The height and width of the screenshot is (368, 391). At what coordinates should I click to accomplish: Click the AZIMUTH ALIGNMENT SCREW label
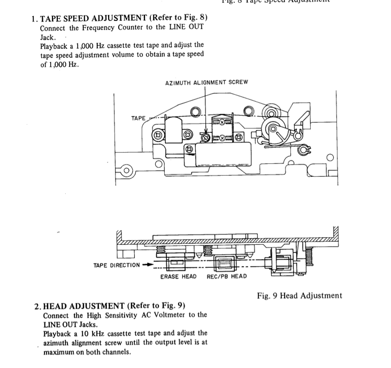coord(206,82)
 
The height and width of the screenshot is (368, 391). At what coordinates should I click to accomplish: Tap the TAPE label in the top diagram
coord(139,118)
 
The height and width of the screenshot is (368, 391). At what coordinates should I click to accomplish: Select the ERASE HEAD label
coord(178,276)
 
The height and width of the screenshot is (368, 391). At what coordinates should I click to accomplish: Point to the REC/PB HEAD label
coord(227,276)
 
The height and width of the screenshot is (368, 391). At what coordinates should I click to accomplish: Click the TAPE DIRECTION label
coord(117,265)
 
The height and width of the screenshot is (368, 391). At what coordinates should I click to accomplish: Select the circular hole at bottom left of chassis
coord(126,171)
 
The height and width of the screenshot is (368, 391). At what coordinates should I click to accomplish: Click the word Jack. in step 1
coord(49,37)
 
